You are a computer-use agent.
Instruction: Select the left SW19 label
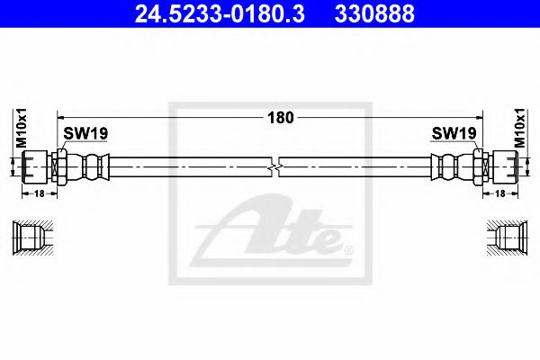tap(85, 133)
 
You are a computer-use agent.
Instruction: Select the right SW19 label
tap(454, 133)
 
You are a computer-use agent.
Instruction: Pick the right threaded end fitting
tap(504, 166)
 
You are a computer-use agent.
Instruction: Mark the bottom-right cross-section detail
tap(504, 238)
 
